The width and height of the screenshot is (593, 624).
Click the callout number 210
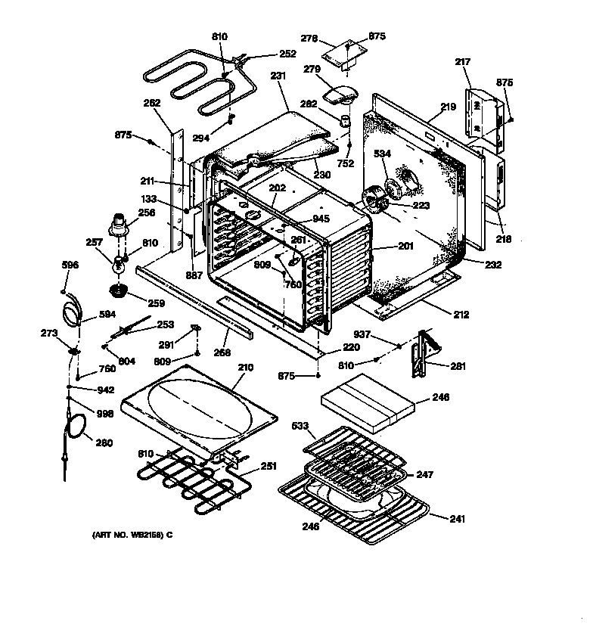244,368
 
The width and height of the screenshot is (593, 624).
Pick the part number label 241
456,519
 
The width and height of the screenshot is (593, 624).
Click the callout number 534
383,154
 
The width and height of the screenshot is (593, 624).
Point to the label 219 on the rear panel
449,107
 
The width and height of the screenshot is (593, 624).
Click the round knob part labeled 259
118,291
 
